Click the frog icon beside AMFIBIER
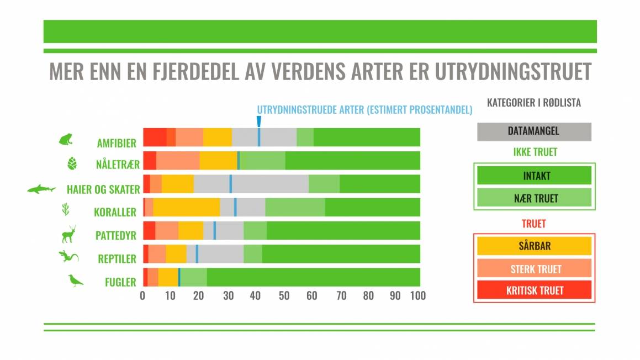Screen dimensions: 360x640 [x=66, y=139]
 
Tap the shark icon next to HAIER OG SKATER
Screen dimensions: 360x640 [x=42, y=189]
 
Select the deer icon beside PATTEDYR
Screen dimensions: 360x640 [x=68, y=234]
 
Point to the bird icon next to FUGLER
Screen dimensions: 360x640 [x=75, y=280]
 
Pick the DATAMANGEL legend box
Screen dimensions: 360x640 [x=533, y=131]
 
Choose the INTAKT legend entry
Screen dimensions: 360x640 [x=533, y=176]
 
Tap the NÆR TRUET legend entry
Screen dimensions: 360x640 [x=533, y=198]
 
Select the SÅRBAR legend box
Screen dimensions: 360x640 [x=533, y=246]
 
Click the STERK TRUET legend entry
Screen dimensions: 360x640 [x=533, y=268]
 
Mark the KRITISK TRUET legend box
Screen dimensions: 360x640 [x=533, y=290]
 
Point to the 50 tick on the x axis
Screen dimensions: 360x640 [x=284, y=295]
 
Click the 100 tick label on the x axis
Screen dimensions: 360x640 [x=417, y=295]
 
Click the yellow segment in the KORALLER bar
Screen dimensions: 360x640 [x=186, y=207]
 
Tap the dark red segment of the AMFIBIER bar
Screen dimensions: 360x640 [x=155, y=137]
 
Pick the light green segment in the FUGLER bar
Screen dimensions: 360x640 [x=193, y=277]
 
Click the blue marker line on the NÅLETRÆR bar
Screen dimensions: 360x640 [x=238, y=160]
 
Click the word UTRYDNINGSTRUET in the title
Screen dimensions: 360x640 [x=513, y=72]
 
